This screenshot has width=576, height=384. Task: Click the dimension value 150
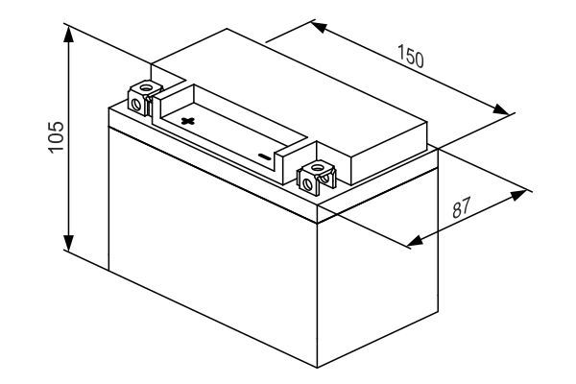coord(411,57)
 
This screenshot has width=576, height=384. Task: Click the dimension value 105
coord(57,136)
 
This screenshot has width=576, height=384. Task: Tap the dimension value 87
coord(461,207)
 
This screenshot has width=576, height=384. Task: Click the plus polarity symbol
coord(188,121)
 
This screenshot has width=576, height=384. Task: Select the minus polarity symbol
coord(265,156)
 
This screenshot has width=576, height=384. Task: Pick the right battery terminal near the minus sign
coord(316,177)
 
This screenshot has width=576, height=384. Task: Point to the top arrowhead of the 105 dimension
coord(68,34)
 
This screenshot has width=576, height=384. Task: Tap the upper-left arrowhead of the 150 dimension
coord(319,27)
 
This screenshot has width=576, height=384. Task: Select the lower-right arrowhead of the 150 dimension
coord(501,109)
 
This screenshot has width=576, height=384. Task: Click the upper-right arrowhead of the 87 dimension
coord(518,195)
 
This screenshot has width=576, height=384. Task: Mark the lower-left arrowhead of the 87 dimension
coord(415,241)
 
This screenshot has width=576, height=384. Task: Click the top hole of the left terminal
coord(146,87)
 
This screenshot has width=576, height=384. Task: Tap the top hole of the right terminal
coord(316,168)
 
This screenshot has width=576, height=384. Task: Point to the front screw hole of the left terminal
coord(135,105)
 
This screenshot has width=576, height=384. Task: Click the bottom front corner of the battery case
coord(317,368)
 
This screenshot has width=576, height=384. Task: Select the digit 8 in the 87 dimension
coord(457,210)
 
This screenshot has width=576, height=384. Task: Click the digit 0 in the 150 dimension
coord(419,60)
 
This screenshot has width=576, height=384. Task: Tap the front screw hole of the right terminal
coord(307,184)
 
